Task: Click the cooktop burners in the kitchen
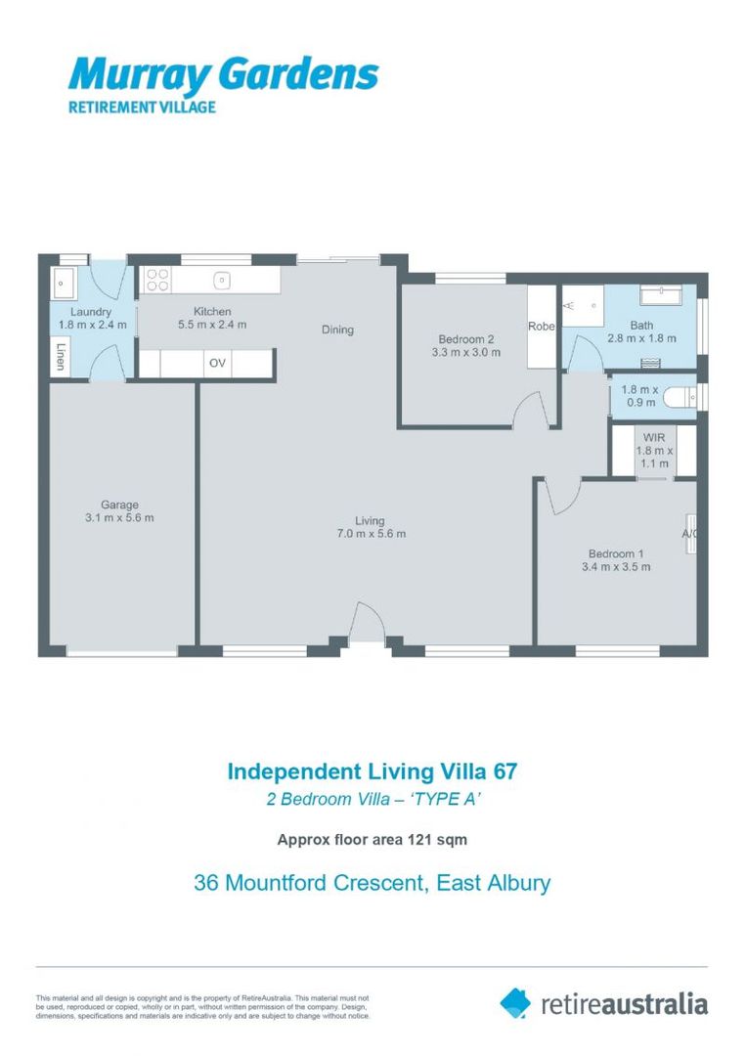156,281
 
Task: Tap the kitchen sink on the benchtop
222,281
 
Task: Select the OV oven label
217,363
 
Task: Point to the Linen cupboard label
61,358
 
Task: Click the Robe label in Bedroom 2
541,327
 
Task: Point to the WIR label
654,437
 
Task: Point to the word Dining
337,330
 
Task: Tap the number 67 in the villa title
504,770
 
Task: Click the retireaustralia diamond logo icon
515,1002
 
